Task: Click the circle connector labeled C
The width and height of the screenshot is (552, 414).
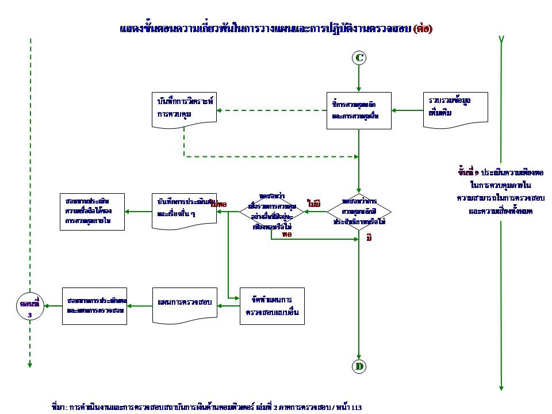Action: (359, 57)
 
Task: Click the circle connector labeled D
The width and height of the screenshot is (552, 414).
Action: (359, 366)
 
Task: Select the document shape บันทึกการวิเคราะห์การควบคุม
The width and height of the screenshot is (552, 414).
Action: (185, 108)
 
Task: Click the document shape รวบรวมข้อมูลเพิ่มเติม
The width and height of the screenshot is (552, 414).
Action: (455, 106)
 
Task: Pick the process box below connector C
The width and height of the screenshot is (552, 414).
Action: (359, 110)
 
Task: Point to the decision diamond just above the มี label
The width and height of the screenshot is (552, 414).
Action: (359, 212)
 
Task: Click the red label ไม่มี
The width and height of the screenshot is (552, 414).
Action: (314, 203)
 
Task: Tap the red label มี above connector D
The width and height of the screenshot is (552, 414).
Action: (369, 237)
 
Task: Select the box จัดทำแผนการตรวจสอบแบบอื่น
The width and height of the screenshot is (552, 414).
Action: (272, 306)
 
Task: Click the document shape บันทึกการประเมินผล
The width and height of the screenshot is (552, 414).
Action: (185, 211)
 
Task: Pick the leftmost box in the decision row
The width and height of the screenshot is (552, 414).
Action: (92, 212)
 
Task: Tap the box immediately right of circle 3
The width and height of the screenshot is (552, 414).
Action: (94, 306)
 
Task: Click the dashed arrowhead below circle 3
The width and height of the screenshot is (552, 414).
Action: (29, 364)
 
